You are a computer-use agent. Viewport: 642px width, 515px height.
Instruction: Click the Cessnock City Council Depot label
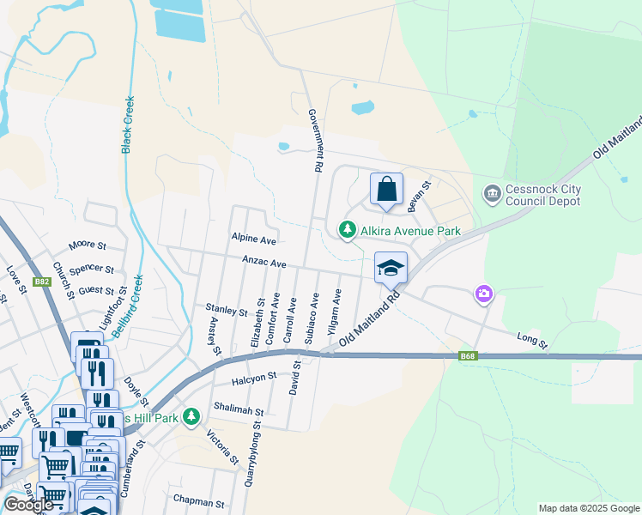(544, 195)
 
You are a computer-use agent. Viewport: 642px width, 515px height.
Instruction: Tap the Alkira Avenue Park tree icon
(347, 230)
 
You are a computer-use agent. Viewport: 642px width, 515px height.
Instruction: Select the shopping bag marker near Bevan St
(386, 190)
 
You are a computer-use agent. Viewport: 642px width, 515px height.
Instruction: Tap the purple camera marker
(484, 294)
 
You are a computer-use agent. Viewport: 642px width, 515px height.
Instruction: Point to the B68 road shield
(468, 355)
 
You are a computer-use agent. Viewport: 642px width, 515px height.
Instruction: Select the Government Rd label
(315, 141)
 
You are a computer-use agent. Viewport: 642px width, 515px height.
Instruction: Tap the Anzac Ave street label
(263, 264)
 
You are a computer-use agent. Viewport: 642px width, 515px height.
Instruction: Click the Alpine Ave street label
(253, 239)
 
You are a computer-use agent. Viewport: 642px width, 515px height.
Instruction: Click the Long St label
(533, 342)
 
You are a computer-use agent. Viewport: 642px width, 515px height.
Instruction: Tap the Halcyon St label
(254, 377)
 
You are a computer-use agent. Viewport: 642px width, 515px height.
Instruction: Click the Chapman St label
(198, 503)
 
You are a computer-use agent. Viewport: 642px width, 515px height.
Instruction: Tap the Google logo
(28, 505)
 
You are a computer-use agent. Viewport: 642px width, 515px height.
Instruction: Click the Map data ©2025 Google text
(588, 508)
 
